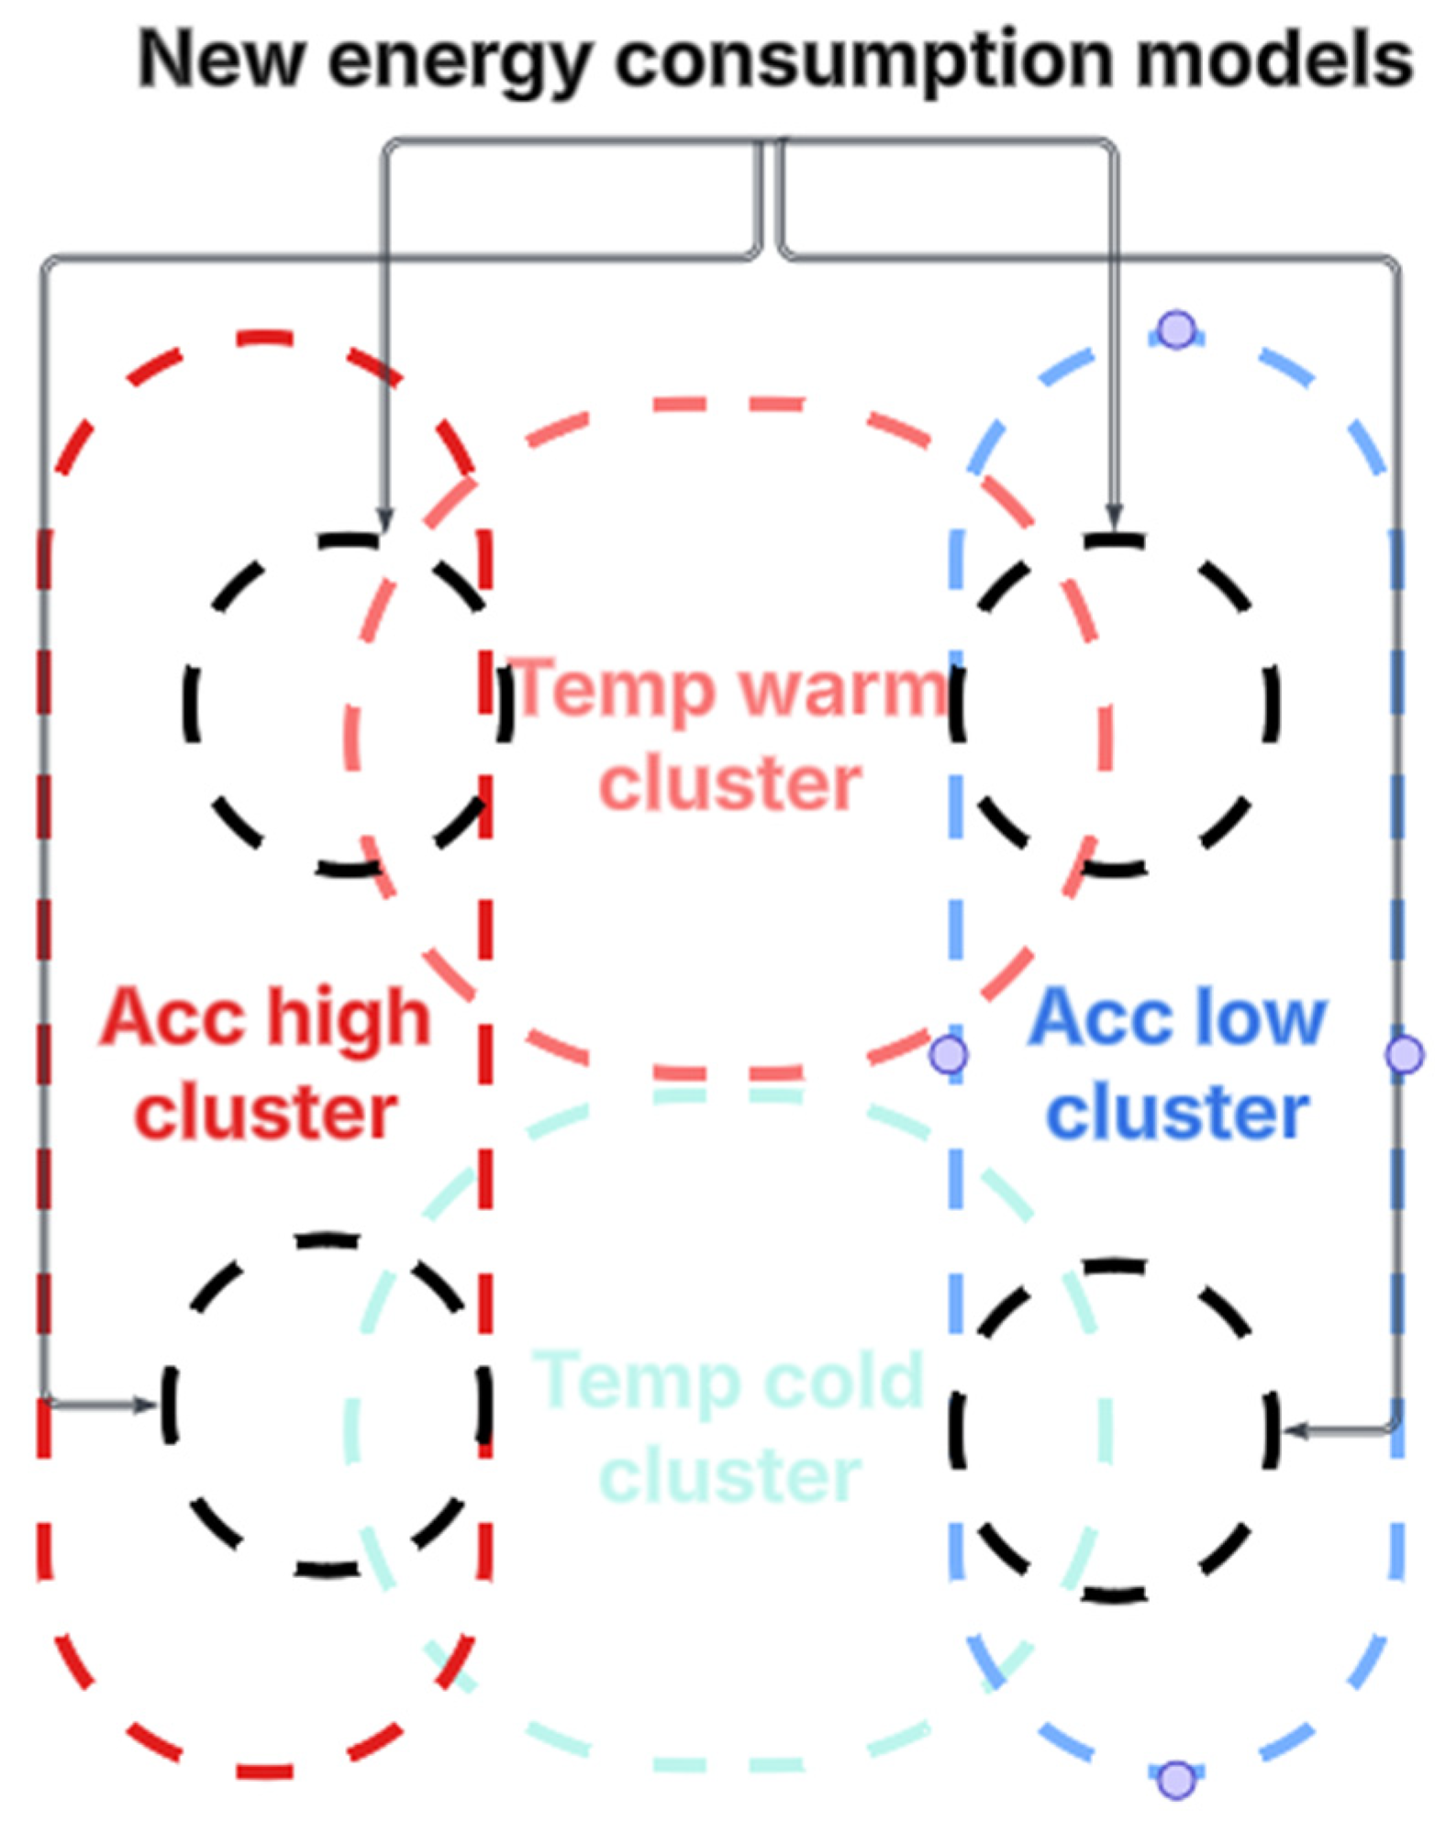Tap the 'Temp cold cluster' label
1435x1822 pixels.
(x=729, y=1428)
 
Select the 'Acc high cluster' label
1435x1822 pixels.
(x=265, y=1064)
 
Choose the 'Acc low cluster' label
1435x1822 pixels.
(x=1178, y=1064)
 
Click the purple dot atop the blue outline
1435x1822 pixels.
(x=1176, y=329)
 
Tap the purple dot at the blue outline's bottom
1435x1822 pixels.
(x=1176, y=1780)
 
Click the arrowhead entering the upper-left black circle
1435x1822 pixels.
(x=385, y=521)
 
